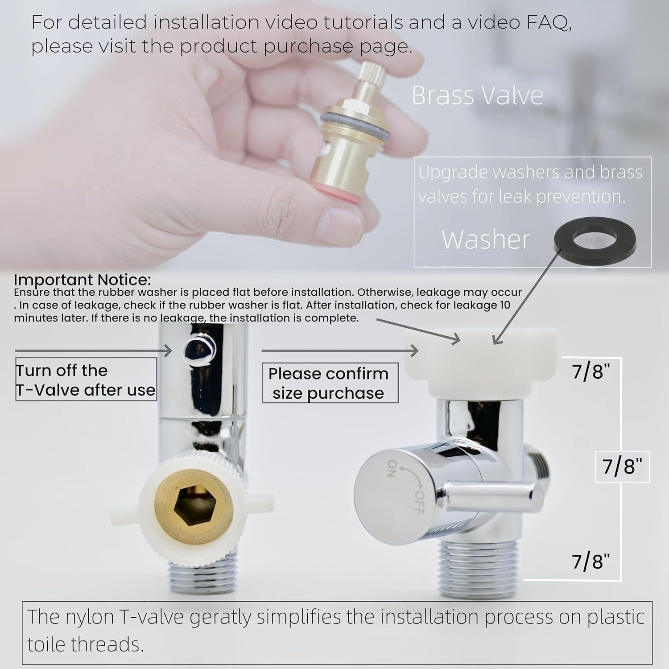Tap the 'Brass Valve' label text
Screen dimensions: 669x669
point(477,95)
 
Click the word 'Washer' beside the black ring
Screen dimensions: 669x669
point(486,240)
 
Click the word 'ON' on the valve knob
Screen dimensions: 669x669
point(391,468)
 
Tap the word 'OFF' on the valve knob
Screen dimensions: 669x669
point(418,502)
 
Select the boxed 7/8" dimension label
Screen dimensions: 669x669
point(622,467)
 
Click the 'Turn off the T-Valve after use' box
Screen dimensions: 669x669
point(86,380)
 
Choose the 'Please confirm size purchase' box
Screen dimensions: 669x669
point(329,383)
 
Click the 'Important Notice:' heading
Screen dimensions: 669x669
point(83,280)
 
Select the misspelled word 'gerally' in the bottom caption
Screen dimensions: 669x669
point(223,617)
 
